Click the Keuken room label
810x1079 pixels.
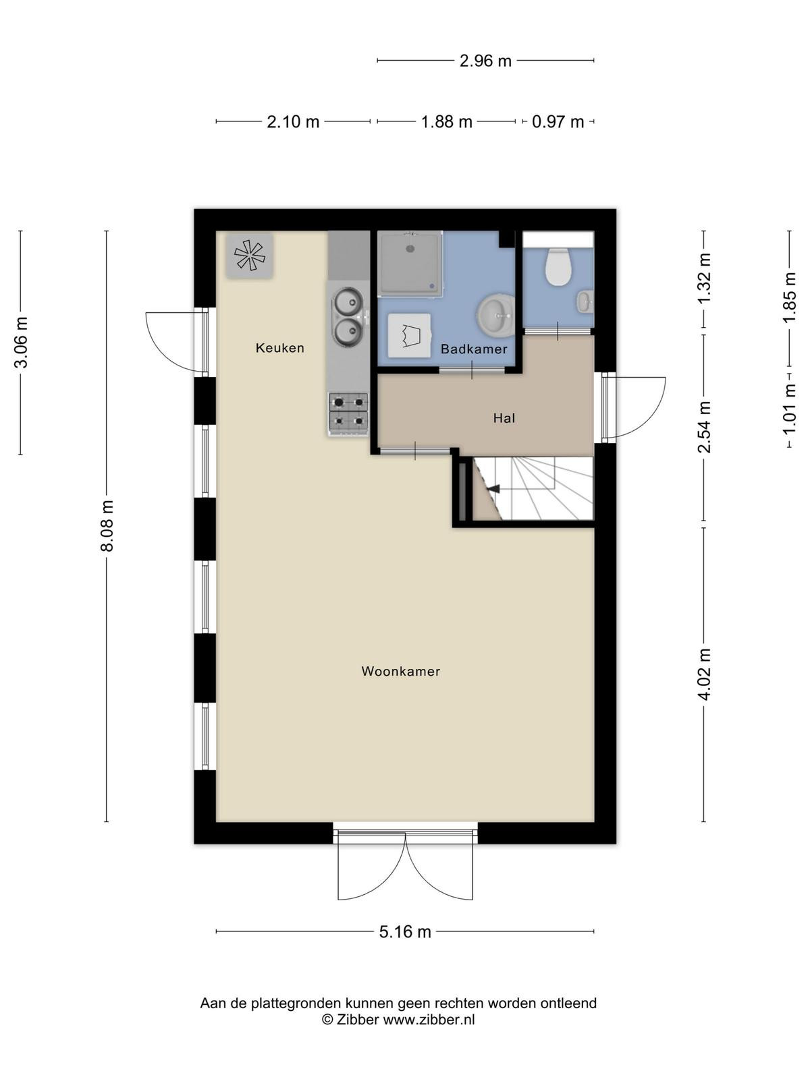[x=279, y=348]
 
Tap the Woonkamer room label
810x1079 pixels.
[x=400, y=672]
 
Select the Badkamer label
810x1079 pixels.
[x=474, y=349]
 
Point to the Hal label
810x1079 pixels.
[x=504, y=418]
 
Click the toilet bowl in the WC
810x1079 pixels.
[x=558, y=267]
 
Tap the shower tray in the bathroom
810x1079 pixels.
[x=410, y=264]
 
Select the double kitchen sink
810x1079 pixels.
[x=349, y=316]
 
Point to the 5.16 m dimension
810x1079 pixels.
[x=405, y=931]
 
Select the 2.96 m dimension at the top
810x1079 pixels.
[x=485, y=61]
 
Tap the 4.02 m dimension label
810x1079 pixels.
[x=705, y=674]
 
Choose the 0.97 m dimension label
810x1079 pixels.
[x=558, y=121]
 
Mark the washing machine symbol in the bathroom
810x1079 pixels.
[x=409, y=336]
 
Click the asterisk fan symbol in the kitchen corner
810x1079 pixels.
[x=249, y=256]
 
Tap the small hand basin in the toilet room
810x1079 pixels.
[x=585, y=302]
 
